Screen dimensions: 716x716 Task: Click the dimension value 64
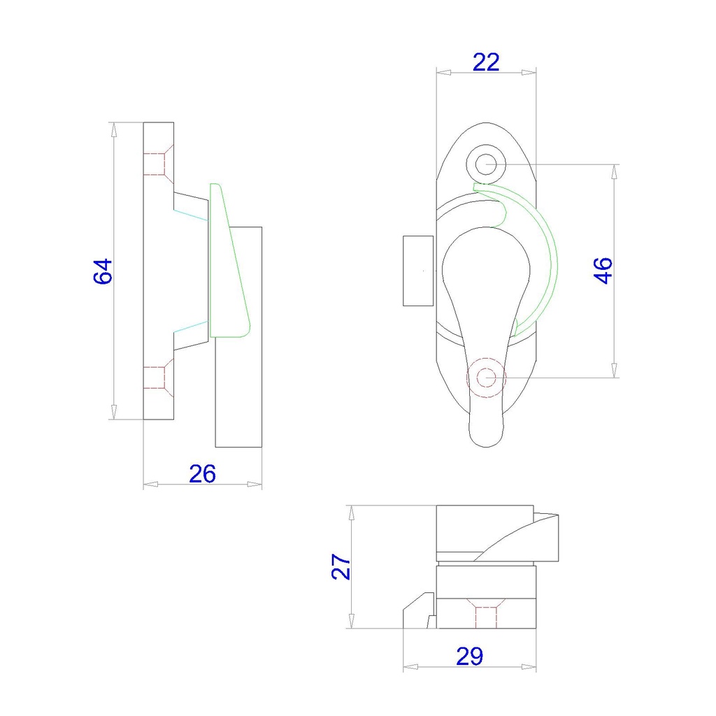[103, 272]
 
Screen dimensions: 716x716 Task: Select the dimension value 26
[202, 473]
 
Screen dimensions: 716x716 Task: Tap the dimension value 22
[486, 62]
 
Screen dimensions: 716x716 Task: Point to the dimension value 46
[603, 271]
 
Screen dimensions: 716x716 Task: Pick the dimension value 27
[341, 566]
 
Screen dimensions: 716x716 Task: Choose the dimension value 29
[469, 657]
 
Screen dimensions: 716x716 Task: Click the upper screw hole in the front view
[486, 164]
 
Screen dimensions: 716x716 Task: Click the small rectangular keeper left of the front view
[418, 271]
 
